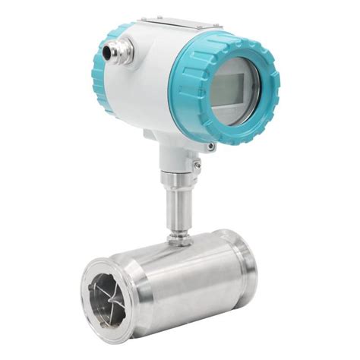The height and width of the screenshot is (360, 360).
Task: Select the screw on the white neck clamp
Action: click(197, 164)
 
